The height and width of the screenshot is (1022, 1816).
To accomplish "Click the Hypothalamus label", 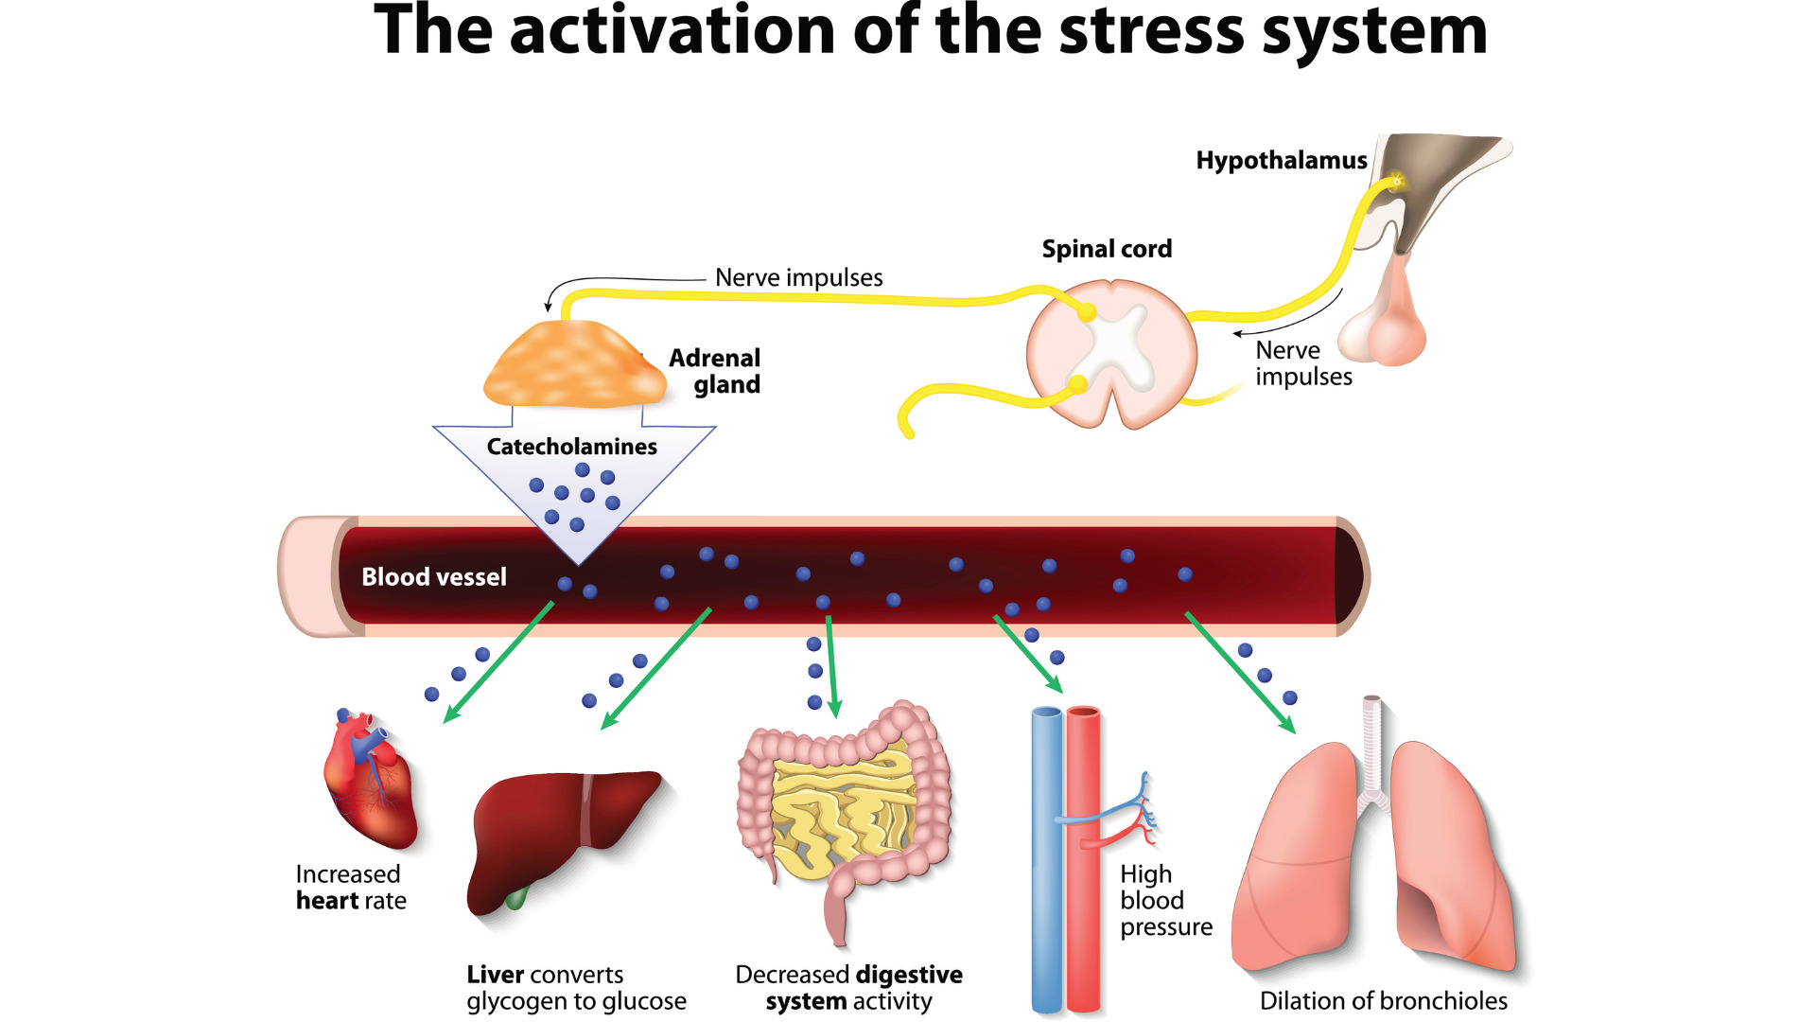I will [1281, 160].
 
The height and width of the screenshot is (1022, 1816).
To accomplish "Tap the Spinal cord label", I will [1107, 249].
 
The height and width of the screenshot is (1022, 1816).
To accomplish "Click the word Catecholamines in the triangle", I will [571, 447].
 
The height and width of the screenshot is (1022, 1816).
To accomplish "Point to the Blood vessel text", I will [434, 576].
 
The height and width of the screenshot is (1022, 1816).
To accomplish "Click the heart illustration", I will [371, 781].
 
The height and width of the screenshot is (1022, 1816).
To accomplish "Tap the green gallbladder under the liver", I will [515, 898].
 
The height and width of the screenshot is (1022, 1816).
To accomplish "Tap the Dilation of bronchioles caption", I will [1383, 1000].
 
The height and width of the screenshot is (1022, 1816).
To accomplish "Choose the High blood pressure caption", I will [1164, 900].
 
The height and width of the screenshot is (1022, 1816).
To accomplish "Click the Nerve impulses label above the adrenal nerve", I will [798, 277].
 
